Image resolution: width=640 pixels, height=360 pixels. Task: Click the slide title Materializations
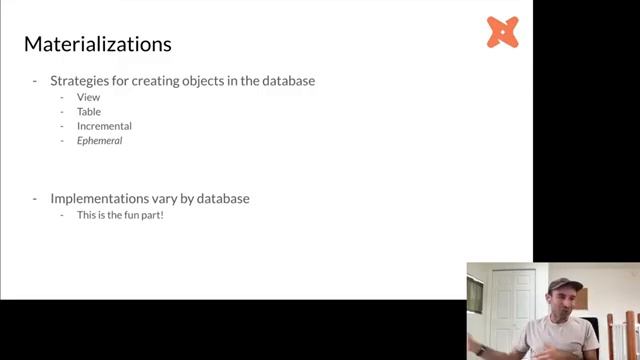pyautogui.click(x=97, y=44)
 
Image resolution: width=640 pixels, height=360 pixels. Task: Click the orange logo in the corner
pyautogui.click(x=502, y=32)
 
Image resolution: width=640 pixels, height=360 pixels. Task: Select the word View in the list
pyautogui.click(x=88, y=97)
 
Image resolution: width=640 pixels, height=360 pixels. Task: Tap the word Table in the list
pyautogui.click(x=89, y=112)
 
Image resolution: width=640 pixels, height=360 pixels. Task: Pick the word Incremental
pyautogui.click(x=104, y=126)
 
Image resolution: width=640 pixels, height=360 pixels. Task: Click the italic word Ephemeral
pyautogui.click(x=99, y=141)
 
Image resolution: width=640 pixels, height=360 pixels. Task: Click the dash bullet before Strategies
pyautogui.click(x=36, y=80)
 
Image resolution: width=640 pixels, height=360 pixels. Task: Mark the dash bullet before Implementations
pyautogui.click(x=36, y=198)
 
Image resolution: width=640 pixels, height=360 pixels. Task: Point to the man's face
pyautogui.click(x=564, y=303)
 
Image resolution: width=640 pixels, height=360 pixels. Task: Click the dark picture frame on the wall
pyautogui.click(x=475, y=294)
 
